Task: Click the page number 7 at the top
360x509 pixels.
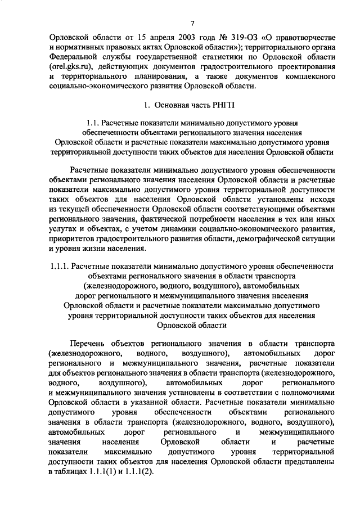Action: [x=192, y=23]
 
